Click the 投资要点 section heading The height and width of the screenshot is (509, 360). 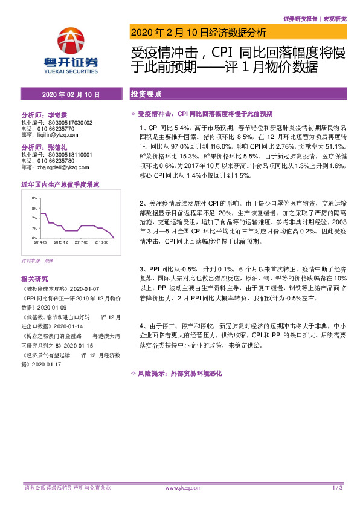point(146,94)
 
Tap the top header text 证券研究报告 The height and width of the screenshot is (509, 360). point(300,19)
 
